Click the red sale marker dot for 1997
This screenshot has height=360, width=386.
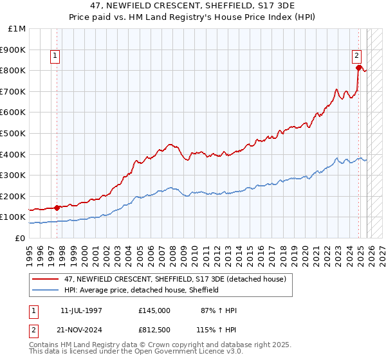pos(57,207)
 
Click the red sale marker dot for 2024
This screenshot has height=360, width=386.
pos(358,67)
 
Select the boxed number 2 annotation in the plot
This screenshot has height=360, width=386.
pos(356,56)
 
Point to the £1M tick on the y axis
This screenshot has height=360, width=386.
pos(17,29)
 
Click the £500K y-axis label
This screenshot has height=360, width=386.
pos(14,133)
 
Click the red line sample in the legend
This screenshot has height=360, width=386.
pos(46,279)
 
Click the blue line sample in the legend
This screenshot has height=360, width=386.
pos(46,290)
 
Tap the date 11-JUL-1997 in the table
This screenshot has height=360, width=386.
pos(81,310)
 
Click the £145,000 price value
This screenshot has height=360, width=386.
pos(154,310)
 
